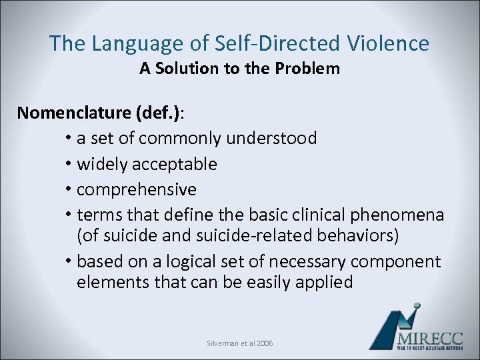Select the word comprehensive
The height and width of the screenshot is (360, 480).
(x=137, y=190)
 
